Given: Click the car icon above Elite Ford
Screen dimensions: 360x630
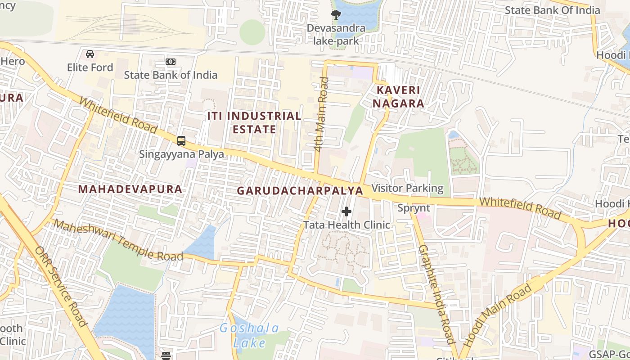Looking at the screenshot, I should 90,54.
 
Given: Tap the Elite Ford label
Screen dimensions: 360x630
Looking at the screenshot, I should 90,67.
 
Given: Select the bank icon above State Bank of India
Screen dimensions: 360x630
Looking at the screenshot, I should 171,62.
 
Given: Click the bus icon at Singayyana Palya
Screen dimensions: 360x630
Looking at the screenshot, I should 181,141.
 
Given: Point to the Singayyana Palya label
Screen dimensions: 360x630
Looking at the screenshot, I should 181,154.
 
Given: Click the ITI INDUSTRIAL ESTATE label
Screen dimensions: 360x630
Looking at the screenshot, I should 254,122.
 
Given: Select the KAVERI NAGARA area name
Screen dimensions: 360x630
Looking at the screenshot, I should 400,97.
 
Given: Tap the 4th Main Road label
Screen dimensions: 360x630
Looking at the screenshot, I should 319,115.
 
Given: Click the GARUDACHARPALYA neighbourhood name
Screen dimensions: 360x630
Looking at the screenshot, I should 300,190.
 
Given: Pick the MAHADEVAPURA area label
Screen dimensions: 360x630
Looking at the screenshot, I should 130,189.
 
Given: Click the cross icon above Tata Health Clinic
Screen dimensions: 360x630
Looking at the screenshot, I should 346,211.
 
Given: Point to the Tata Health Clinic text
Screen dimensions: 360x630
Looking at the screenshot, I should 346,225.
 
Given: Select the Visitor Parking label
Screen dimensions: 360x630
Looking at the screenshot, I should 408,188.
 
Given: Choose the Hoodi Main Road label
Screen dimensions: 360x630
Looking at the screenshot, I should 497,315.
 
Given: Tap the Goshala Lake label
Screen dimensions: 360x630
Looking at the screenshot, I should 249,335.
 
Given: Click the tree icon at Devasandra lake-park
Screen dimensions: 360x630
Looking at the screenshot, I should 336,15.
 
